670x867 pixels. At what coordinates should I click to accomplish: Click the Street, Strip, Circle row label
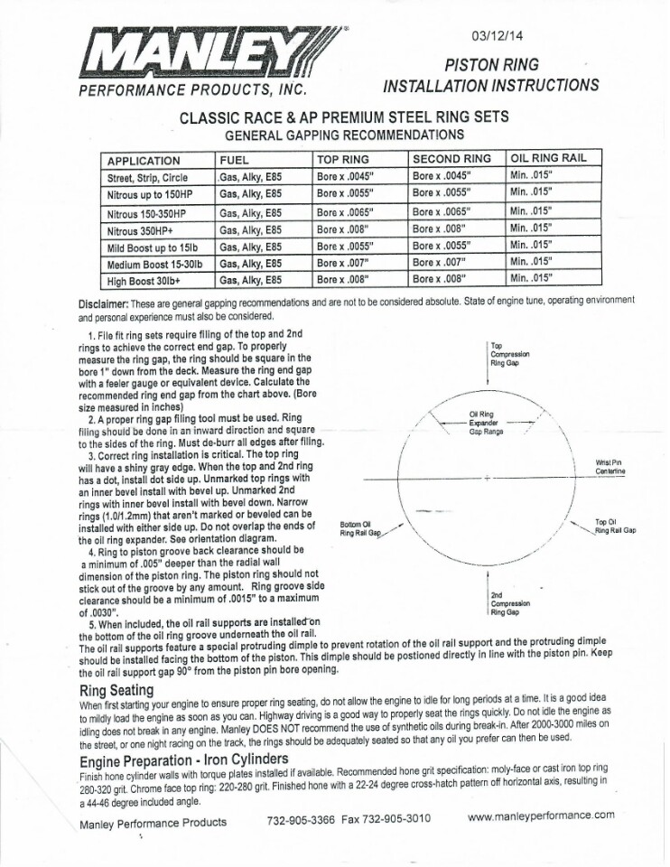(147, 178)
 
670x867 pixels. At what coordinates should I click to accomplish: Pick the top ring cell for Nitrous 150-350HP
(345, 212)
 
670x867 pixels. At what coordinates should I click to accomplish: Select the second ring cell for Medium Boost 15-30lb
(442, 263)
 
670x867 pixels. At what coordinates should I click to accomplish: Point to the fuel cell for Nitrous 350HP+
(252, 229)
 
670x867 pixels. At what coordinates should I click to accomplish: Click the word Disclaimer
(107, 302)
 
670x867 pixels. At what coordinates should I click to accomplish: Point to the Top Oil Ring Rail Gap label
(615, 526)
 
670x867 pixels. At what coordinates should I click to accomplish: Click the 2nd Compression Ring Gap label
(510, 603)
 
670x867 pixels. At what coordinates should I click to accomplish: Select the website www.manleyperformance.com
(541, 815)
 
